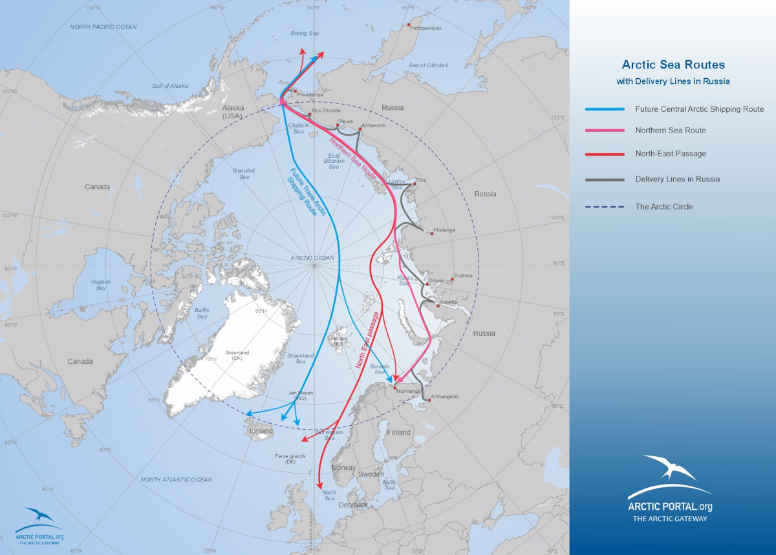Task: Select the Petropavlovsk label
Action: pyautogui.click(x=425, y=29)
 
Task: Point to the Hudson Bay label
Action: pyautogui.click(x=100, y=285)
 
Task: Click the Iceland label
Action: pyautogui.click(x=262, y=431)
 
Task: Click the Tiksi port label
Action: pyautogui.click(x=421, y=180)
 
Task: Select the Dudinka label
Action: pyautogui.click(x=464, y=276)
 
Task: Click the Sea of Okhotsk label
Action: pyautogui.click(x=428, y=65)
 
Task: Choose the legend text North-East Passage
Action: pyautogui.click(x=671, y=154)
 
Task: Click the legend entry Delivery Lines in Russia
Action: pyautogui.click(x=677, y=179)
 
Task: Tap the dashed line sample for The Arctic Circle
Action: pyautogui.click(x=605, y=207)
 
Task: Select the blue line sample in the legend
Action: pyautogui.click(x=605, y=109)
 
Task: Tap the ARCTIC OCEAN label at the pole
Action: pyautogui.click(x=313, y=258)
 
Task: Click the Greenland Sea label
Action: pyautogui.click(x=300, y=359)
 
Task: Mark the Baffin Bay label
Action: pyautogui.click(x=202, y=313)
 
